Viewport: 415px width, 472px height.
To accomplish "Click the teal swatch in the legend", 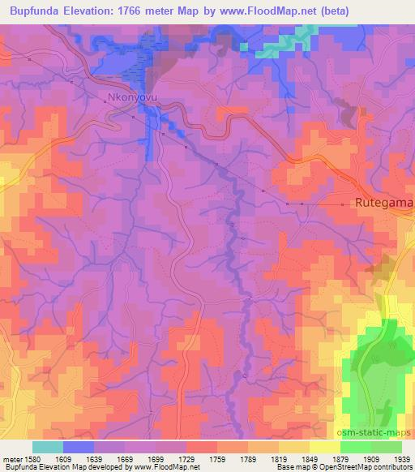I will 48,447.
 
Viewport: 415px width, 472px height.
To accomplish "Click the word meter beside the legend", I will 14,460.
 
